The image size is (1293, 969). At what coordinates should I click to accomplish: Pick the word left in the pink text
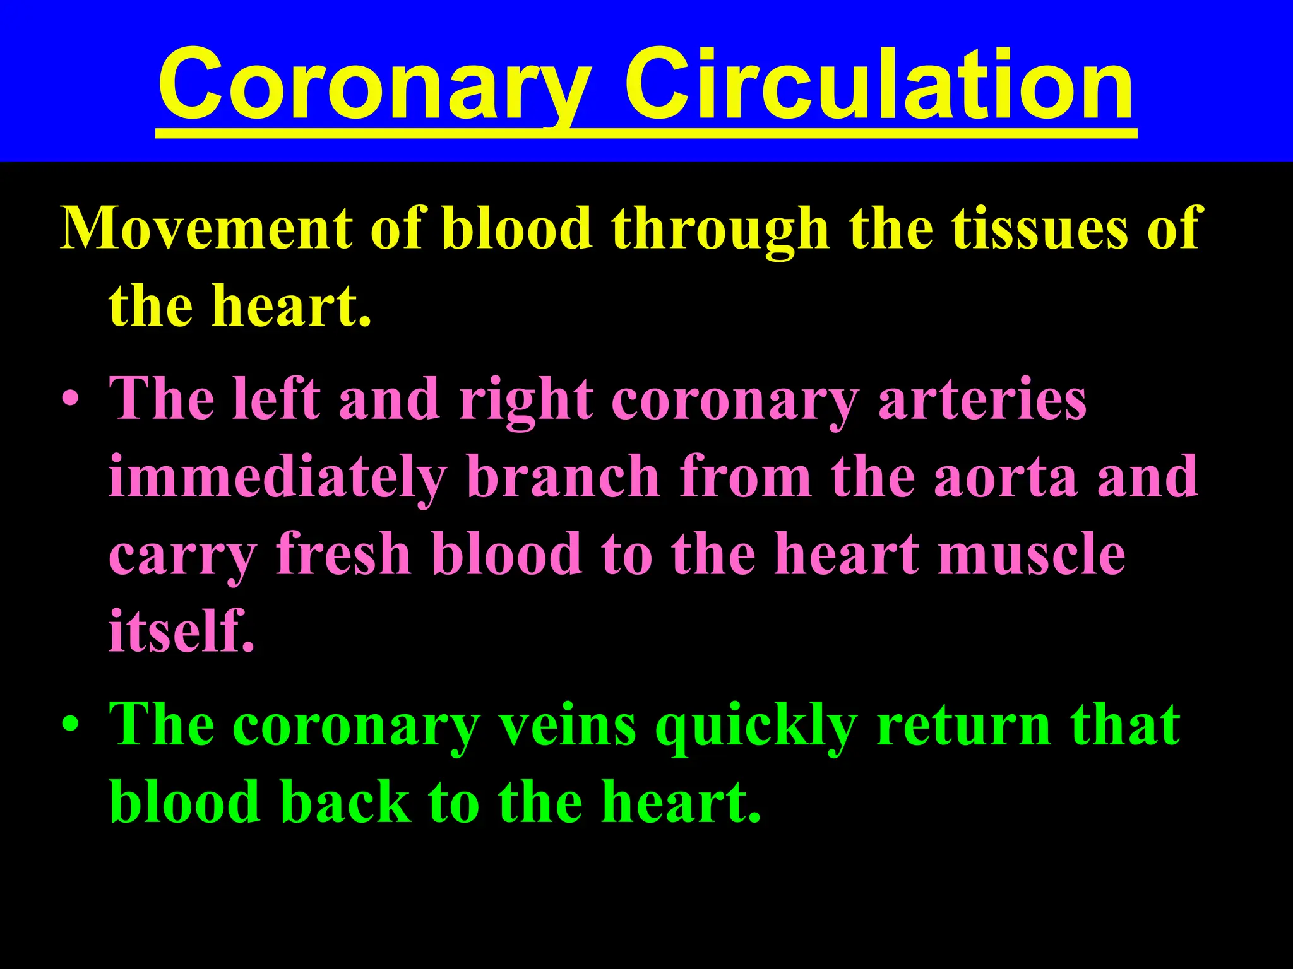click(x=276, y=399)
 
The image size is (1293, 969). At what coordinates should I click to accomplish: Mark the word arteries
click(x=982, y=399)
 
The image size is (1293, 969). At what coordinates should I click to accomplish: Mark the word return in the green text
click(x=963, y=725)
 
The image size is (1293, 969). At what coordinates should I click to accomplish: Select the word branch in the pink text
click(x=564, y=477)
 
